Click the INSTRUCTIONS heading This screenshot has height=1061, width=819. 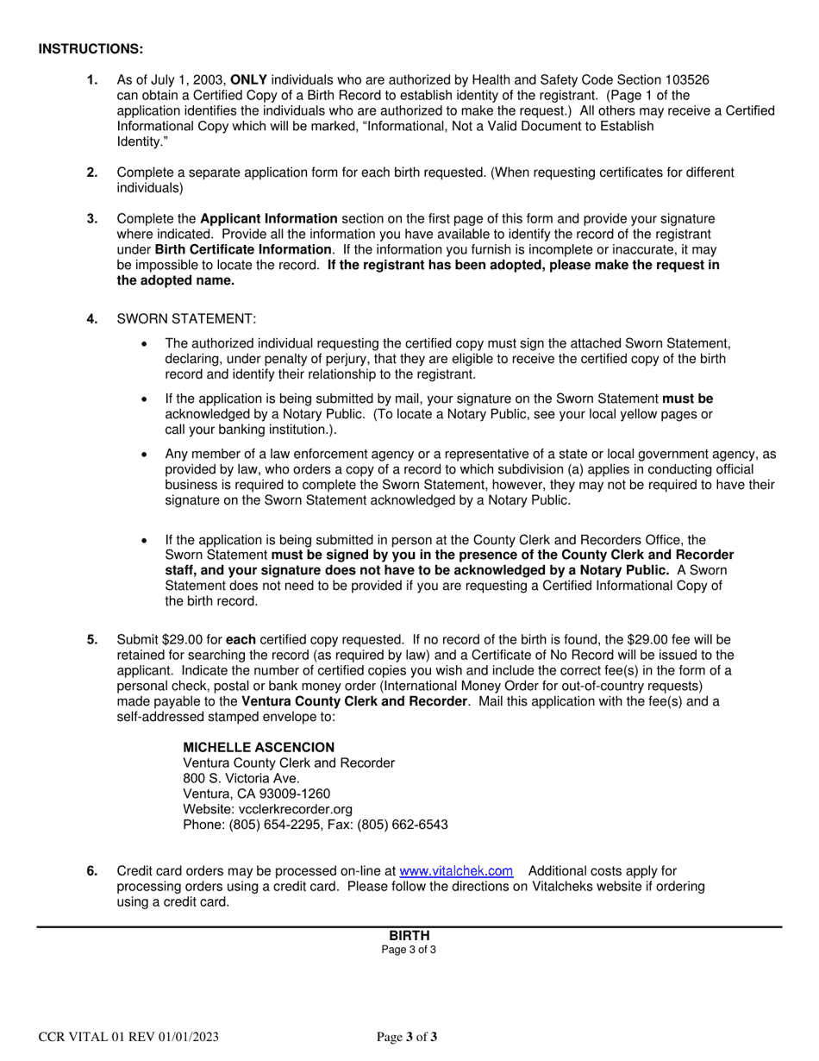pos(91,49)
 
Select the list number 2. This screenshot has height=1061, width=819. pos(92,173)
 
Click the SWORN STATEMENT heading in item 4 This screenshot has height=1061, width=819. pos(186,319)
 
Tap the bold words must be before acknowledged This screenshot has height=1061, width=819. pos(687,399)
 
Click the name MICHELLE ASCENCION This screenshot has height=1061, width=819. pos(259,747)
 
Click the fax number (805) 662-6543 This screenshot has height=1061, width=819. pos(407,825)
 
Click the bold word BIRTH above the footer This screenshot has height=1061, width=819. pos(409,936)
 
